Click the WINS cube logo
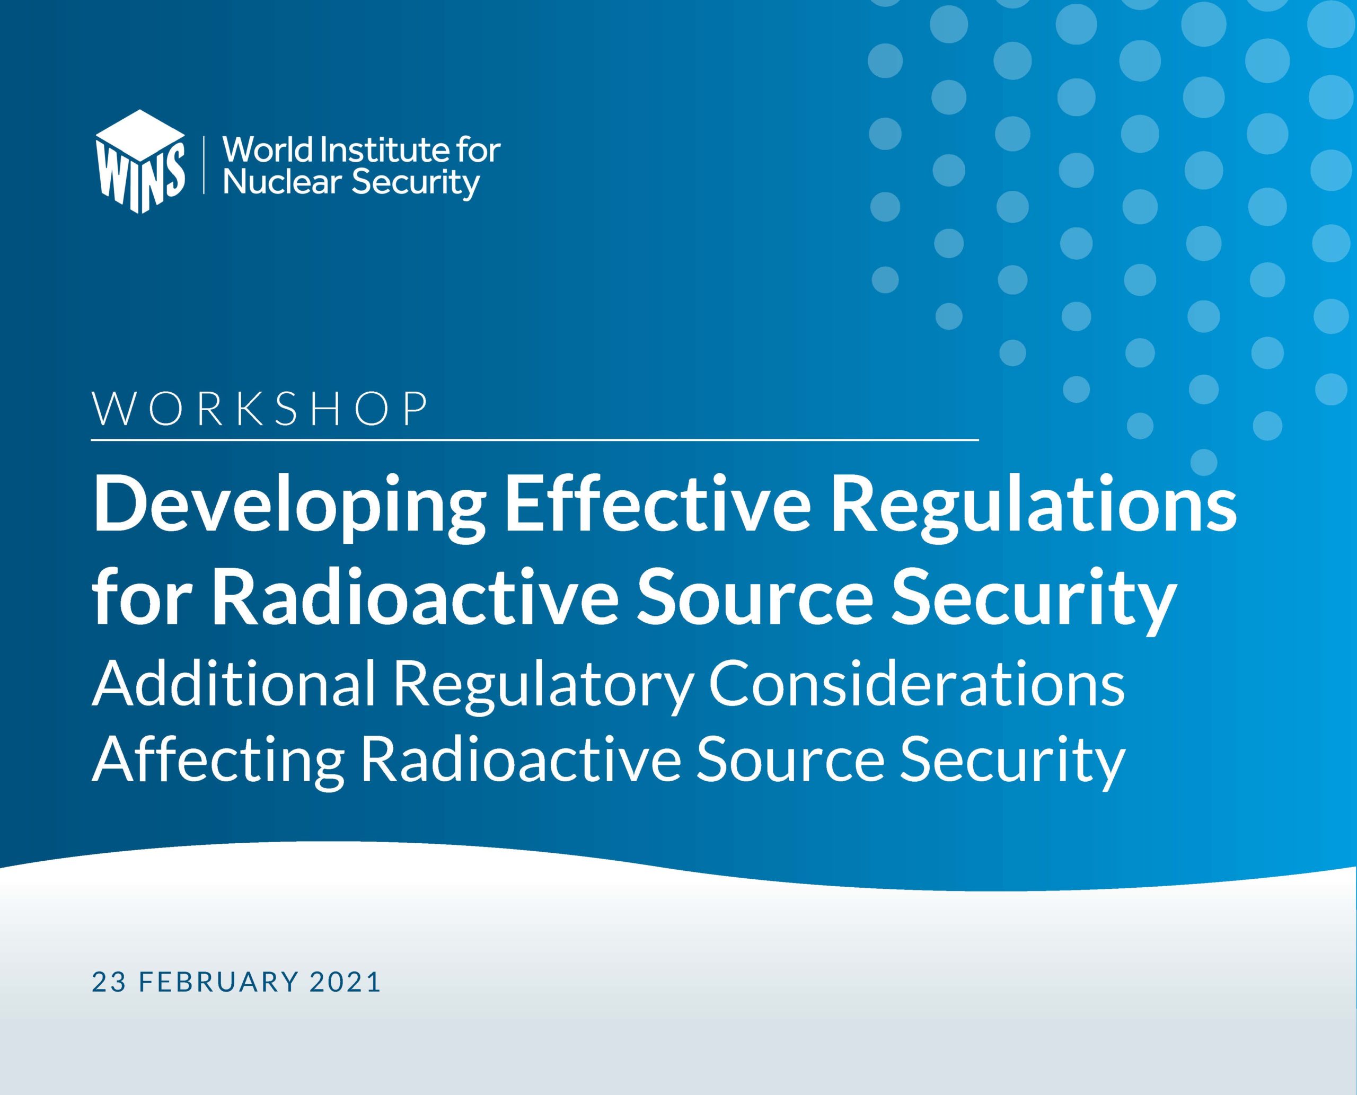[x=140, y=162]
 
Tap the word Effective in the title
[x=657, y=505]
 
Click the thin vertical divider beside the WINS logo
[x=204, y=163]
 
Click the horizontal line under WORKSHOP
[x=535, y=439]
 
